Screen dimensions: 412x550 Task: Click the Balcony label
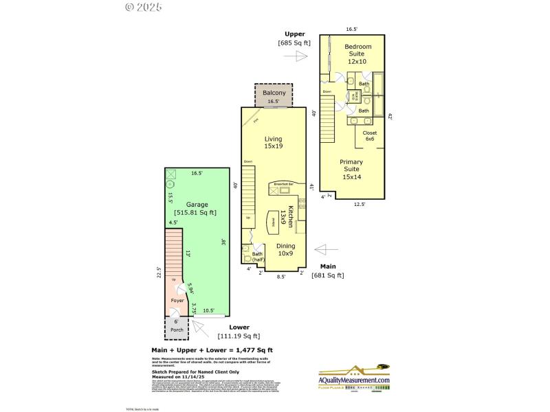point(274,93)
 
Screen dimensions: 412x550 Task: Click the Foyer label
point(177,300)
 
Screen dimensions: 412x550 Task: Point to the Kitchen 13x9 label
point(291,216)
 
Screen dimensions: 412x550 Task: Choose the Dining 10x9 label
point(286,249)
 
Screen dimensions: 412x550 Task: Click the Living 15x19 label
point(274,142)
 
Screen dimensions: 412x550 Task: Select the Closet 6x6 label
point(370,135)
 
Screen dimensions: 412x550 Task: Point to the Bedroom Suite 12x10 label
point(357,54)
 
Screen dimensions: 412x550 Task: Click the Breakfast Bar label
point(284,184)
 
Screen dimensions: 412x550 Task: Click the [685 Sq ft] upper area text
point(294,43)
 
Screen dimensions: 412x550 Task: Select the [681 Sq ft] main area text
point(327,275)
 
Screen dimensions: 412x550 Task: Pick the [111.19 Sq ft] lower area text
point(239,336)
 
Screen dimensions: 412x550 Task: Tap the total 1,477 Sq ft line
point(217,350)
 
